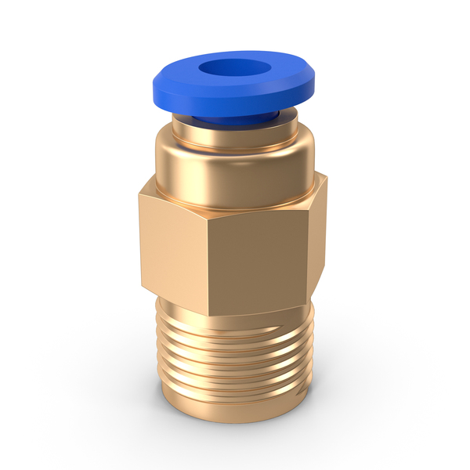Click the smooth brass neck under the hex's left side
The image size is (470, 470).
point(168,302)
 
